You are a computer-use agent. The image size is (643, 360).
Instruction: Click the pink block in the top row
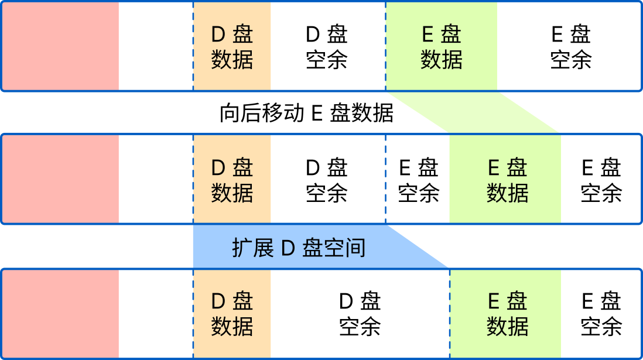pyautogui.click(x=60, y=47)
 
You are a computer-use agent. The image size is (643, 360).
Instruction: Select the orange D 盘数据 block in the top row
pyautogui.click(x=232, y=47)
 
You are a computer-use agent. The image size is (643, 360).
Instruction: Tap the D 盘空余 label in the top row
pyautogui.click(x=327, y=47)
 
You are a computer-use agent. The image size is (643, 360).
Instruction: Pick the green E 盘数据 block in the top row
pyautogui.click(x=441, y=47)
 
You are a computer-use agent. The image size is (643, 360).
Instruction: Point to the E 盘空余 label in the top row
pyautogui.click(x=570, y=47)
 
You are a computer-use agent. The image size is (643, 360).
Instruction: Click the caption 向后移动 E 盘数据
pyautogui.click(x=306, y=113)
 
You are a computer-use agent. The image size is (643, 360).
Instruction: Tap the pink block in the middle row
pyautogui.click(x=60, y=180)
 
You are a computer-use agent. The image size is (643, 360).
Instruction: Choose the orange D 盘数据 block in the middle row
pyautogui.click(x=232, y=180)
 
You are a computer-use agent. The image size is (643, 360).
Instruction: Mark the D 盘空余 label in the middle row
pyautogui.click(x=327, y=180)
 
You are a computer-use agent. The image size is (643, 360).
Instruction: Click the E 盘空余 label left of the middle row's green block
pyautogui.click(x=418, y=180)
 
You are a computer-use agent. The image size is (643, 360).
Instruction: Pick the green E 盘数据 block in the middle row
pyautogui.click(x=507, y=180)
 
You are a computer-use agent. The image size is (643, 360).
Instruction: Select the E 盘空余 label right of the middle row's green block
pyautogui.click(x=601, y=180)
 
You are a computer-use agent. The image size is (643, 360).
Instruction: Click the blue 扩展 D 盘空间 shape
pyautogui.click(x=299, y=247)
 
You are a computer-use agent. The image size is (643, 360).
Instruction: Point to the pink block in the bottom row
pyautogui.click(x=60, y=313)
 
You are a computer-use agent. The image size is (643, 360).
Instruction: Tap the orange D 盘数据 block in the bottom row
pyautogui.click(x=232, y=313)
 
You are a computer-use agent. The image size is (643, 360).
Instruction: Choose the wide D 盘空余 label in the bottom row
pyautogui.click(x=360, y=313)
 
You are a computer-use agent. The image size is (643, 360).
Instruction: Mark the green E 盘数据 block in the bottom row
pyautogui.click(x=507, y=313)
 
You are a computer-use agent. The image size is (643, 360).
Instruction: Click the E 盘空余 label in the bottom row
pyautogui.click(x=601, y=313)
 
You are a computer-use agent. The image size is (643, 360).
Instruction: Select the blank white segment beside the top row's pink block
pyautogui.click(x=155, y=47)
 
